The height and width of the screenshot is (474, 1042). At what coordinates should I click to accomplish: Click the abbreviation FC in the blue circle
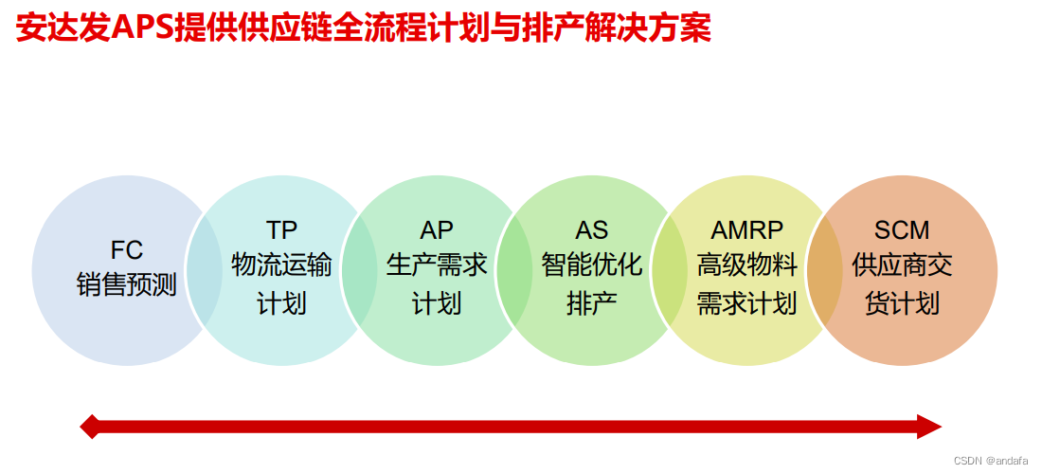[x=126, y=250]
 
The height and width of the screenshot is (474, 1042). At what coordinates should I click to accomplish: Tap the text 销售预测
[x=126, y=285]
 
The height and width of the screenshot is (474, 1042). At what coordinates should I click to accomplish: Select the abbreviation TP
[x=281, y=230]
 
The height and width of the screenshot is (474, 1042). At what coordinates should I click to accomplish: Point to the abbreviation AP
[x=437, y=230]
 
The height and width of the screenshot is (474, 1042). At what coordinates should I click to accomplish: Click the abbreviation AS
[x=592, y=230]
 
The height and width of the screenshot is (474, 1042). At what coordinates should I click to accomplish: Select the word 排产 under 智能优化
[x=592, y=303]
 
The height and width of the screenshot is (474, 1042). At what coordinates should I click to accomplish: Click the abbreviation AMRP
[x=747, y=230]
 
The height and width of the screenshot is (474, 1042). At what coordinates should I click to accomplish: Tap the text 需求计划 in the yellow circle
[x=747, y=303]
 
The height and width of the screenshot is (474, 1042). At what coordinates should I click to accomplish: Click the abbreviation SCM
[x=902, y=230]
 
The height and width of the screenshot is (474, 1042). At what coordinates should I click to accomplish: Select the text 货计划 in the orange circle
[x=902, y=303]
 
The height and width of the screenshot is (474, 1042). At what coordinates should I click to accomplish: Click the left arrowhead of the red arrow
[x=91, y=427]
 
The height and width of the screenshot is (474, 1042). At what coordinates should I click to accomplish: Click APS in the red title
[x=142, y=27]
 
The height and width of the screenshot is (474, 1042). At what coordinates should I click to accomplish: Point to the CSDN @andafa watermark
[x=994, y=460]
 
